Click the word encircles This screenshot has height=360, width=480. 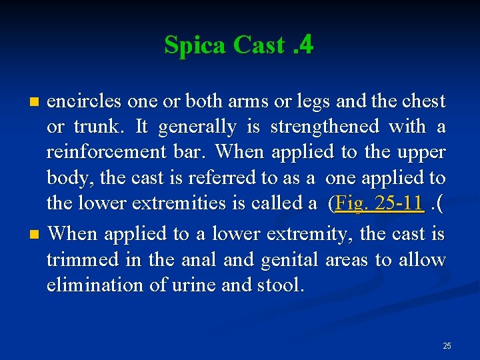coord(84,101)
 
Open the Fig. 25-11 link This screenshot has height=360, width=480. coord(379,203)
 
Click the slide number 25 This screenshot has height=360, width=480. coord(447,345)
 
